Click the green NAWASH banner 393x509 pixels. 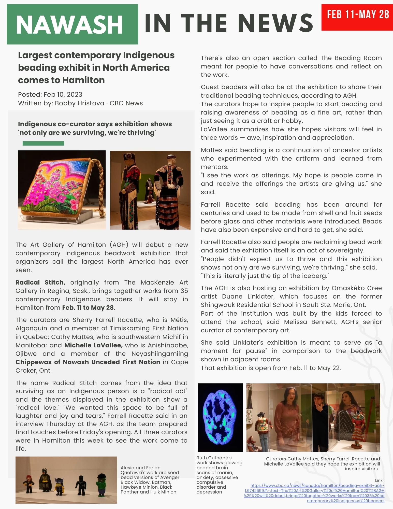[72, 24]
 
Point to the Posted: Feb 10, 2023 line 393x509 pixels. [50, 94]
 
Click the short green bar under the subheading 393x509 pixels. [43, 143]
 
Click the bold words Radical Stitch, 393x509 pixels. [40, 282]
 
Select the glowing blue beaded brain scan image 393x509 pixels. [220, 417]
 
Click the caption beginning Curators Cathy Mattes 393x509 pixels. [322, 464]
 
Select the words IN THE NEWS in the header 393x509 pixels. [229, 23]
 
